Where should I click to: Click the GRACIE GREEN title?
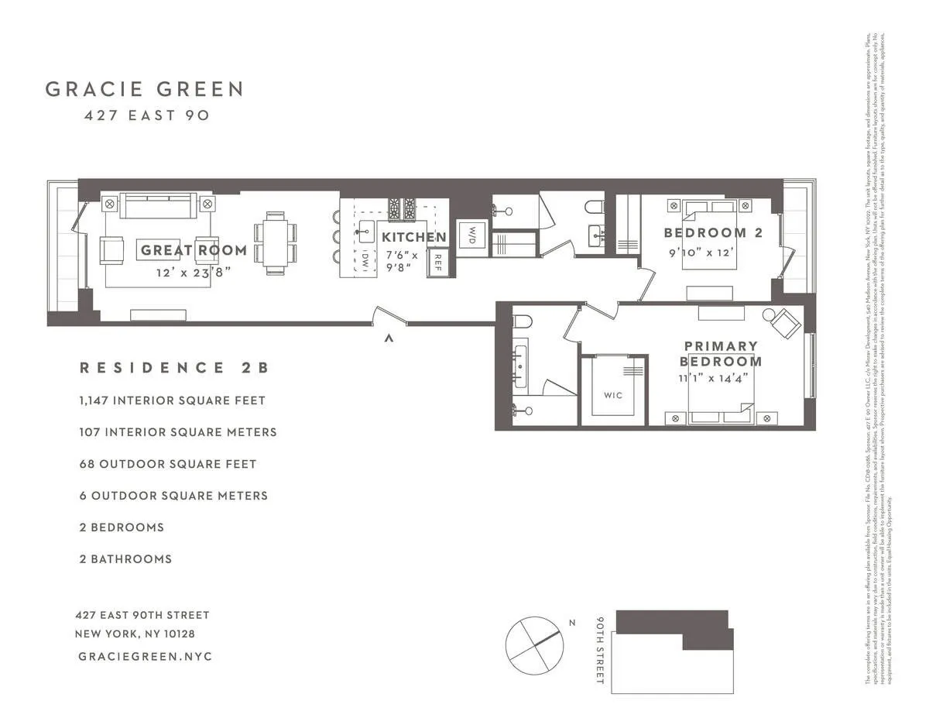144,89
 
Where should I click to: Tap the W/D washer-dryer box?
471,237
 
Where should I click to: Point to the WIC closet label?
613,395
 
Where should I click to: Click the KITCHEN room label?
413,237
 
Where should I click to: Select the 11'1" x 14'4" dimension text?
713,378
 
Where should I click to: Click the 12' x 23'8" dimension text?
194,271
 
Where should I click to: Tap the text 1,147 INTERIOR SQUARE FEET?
172,400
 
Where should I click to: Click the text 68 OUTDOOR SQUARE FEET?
167,464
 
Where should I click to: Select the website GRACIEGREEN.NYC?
145,656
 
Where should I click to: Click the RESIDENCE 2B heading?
174,368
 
